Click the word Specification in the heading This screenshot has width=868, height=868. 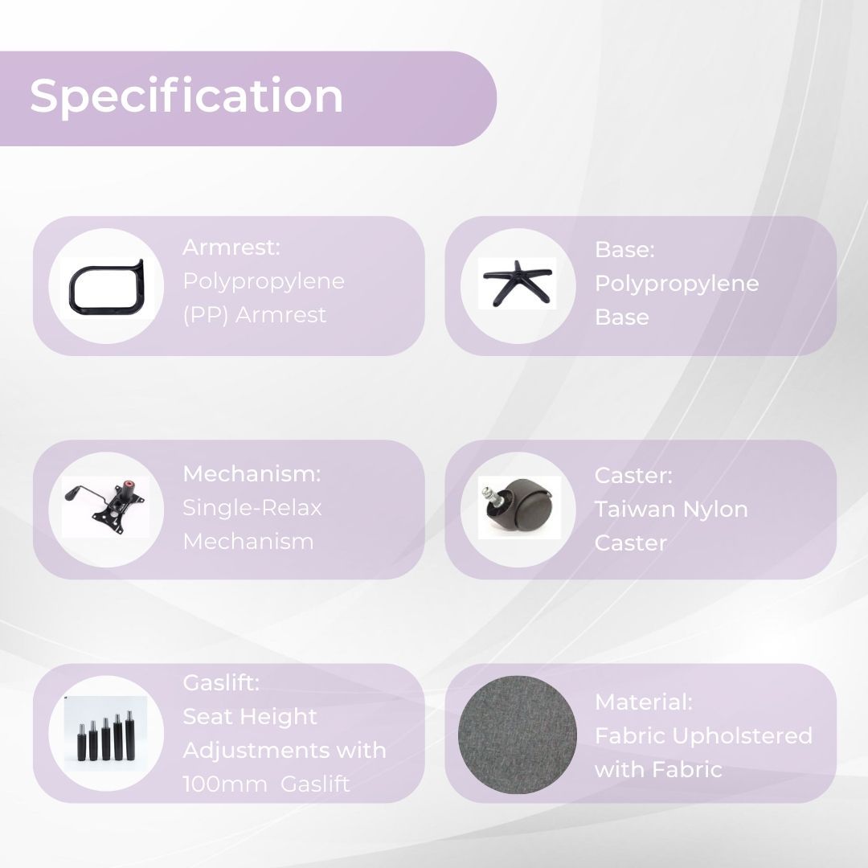186,96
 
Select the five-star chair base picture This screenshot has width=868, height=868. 517,283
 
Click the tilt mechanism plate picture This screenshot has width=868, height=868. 105,506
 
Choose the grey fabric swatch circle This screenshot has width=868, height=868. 518,734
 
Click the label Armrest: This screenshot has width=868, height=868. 231,248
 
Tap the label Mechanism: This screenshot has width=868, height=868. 252,474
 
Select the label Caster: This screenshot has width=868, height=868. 633,476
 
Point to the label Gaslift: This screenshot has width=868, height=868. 221,682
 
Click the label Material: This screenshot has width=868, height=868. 643,702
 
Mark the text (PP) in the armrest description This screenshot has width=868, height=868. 206,315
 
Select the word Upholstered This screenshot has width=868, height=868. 742,736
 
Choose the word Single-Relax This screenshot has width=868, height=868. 252,508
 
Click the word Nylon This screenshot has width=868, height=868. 715,510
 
